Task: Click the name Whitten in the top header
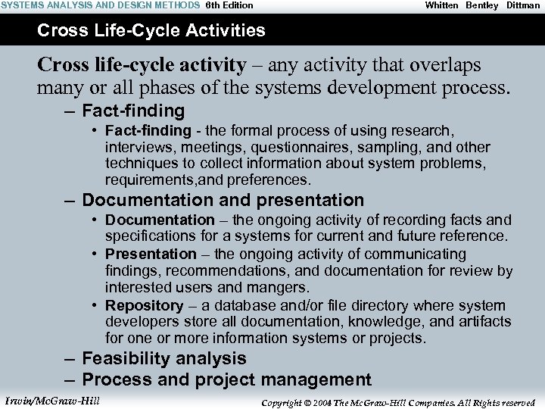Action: tap(441, 5)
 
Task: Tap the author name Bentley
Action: tap(482, 5)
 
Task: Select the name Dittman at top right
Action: tap(523, 5)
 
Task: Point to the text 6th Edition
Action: tap(229, 5)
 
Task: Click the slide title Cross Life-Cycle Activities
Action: tap(151, 31)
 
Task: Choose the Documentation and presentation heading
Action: tap(223, 201)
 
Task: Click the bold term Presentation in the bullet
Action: tap(151, 254)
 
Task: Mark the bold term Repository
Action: tap(144, 305)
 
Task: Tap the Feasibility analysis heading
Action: tap(163, 358)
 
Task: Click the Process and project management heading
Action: tap(226, 379)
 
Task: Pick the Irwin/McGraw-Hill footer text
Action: tap(51, 401)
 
